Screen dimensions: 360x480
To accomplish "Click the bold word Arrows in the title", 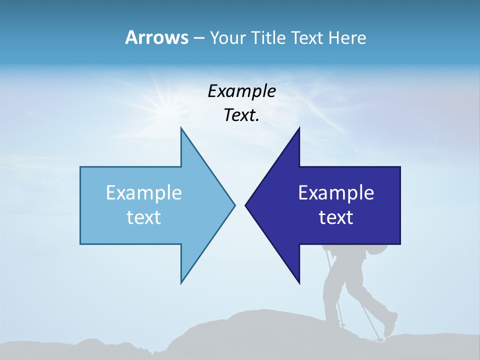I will point(156,37).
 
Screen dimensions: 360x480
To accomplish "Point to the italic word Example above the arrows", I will point(241,91).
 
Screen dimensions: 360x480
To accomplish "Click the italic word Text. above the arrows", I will point(241,115).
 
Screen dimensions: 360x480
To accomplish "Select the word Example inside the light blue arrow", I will point(144,193).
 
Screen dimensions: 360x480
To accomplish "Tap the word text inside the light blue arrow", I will point(144,217).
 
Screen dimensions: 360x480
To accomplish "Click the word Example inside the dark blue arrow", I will point(336,193).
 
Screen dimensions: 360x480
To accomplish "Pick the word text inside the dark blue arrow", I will point(336,217).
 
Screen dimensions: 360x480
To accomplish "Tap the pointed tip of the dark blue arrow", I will point(246,205).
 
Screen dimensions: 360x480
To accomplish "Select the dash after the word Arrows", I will point(198,38).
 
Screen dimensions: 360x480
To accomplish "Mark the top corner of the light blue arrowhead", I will point(181,128).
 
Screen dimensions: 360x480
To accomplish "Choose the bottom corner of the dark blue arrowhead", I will point(299,283).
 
